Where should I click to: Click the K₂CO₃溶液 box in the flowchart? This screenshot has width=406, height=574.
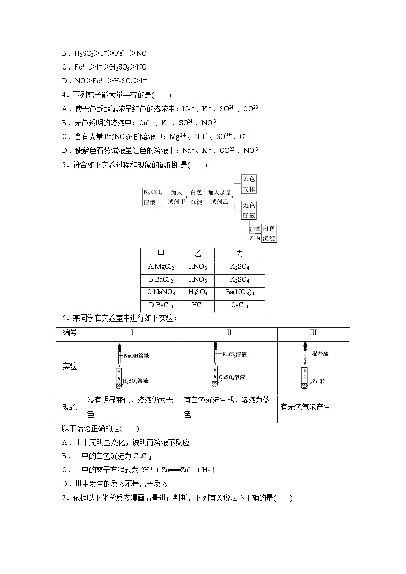[152, 197]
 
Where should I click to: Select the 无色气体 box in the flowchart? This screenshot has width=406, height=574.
[249, 184]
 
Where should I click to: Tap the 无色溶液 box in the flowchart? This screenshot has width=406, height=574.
[249, 210]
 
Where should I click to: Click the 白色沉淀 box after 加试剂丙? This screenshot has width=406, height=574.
[269, 233]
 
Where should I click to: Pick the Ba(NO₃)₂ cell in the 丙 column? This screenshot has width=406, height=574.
[239, 293]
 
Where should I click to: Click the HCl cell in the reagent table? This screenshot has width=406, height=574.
[197, 306]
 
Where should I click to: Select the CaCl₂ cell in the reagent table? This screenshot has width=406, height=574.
[239, 306]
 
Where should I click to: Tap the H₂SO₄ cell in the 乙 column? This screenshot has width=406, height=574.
[197, 293]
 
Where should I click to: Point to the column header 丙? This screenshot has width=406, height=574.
[239, 254]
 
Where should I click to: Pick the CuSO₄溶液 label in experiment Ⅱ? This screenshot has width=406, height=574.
[232, 377]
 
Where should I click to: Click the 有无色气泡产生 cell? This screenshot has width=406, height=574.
[306, 407]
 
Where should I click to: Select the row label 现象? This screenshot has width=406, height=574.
[70, 407]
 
